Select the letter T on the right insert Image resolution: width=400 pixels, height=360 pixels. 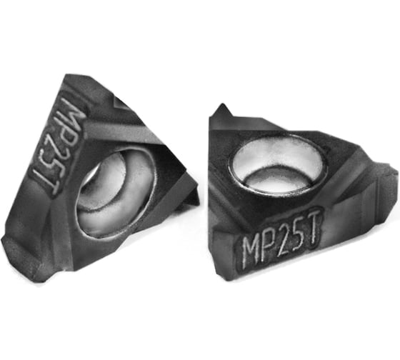coord(314,224)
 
